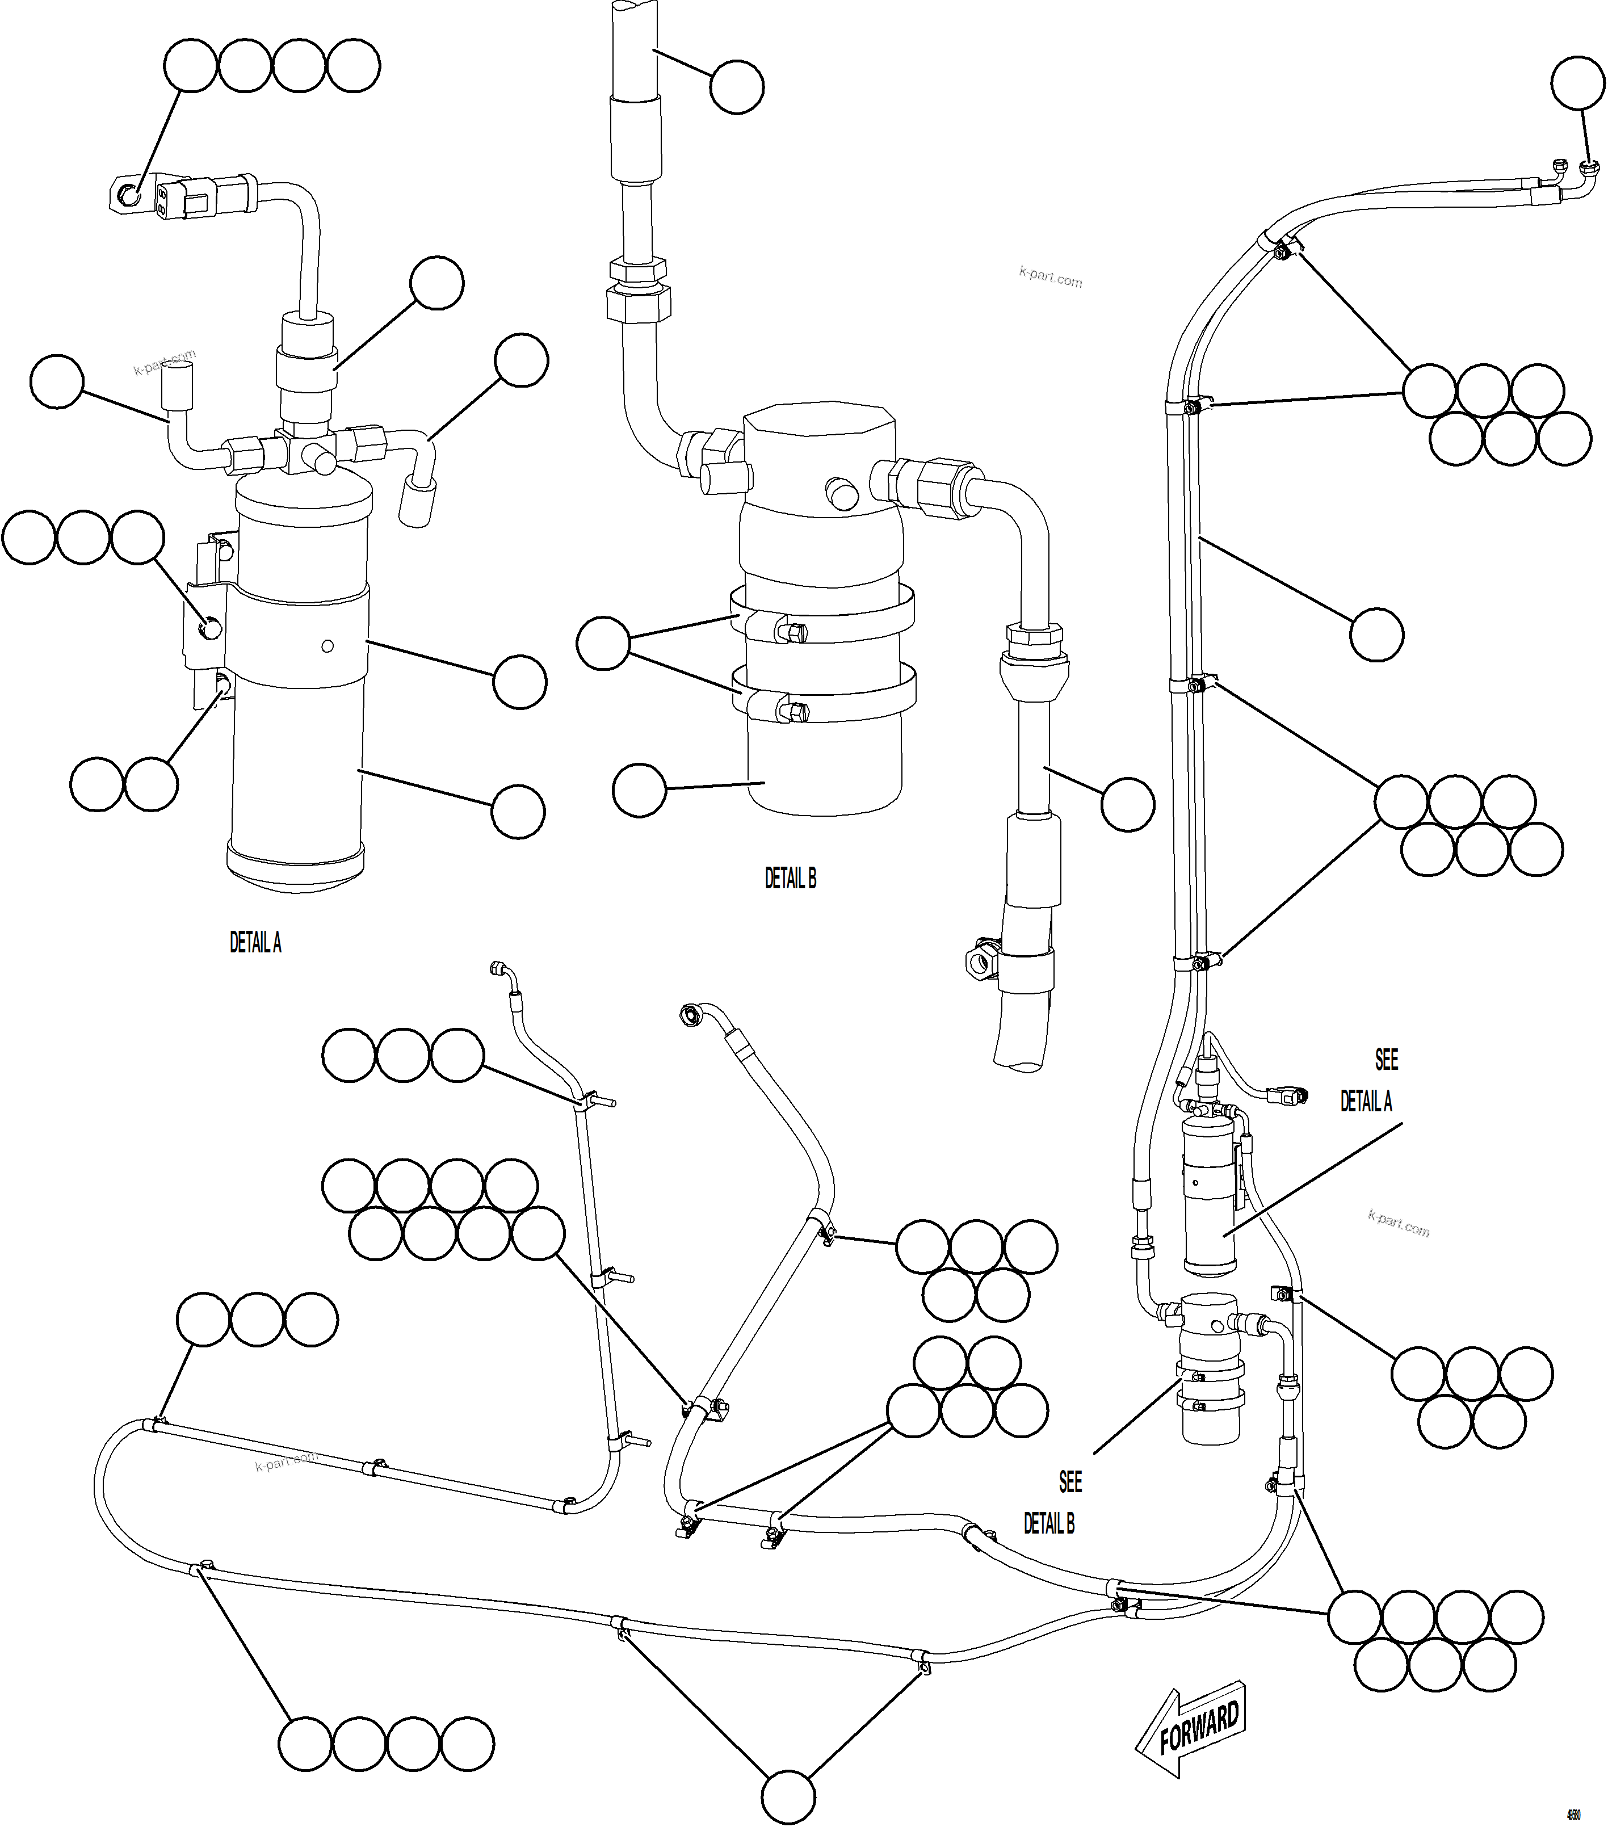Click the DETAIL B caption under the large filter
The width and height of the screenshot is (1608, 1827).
790,879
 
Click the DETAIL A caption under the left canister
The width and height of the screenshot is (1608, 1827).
255,942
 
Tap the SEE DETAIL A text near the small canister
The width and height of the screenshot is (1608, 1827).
1367,1082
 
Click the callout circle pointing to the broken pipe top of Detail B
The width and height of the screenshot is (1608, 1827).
737,87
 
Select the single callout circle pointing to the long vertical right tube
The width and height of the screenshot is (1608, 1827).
1376,635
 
